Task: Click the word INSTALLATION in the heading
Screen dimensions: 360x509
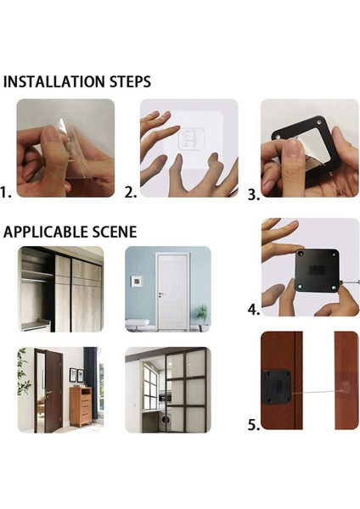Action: (x=54, y=81)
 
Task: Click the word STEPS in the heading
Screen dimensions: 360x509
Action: (x=130, y=81)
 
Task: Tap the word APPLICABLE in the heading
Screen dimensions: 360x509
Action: (x=46, y=232)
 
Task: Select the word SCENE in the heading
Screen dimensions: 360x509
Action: (x=115, y=232)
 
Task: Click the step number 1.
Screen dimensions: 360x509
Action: (x=6, y=193)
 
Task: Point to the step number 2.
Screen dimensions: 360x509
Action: (x=131, y=193)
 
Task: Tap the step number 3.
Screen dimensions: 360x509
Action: (x=254, y=194)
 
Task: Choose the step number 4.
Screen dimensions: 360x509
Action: (x=254, y=310)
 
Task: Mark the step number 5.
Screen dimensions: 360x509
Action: (x=254, y=425)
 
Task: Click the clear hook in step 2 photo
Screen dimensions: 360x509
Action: (x=191, y=140)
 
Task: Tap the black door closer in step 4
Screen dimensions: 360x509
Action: (x=318, y=271)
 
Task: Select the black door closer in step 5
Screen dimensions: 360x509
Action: (x=277, y=387)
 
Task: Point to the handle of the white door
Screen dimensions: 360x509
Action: (x=161, y=294)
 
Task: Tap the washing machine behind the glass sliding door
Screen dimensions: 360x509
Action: (x=166, y=420)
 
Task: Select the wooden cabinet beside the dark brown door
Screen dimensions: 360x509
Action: (x=81, y=406)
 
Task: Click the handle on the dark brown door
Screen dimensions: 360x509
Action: (x=49, y=393)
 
